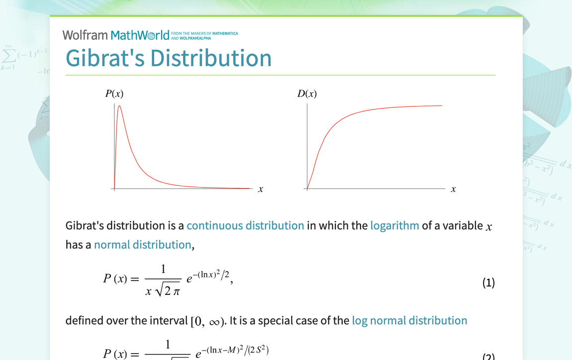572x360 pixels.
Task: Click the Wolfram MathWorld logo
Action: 116,35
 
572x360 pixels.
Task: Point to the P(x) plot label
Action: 114,93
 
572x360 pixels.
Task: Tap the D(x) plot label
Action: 307,93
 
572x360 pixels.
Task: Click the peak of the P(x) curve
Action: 119,106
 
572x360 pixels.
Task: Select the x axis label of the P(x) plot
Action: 261,189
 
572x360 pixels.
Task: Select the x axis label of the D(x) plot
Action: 453,189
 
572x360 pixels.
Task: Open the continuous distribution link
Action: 245,226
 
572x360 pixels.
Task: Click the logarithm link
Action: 394,226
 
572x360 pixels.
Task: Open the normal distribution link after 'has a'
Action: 142,245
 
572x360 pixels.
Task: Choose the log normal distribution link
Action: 409,321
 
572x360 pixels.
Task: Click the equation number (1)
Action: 488,283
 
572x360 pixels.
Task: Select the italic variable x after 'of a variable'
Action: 489,227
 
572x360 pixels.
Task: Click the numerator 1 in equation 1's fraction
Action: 163,270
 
